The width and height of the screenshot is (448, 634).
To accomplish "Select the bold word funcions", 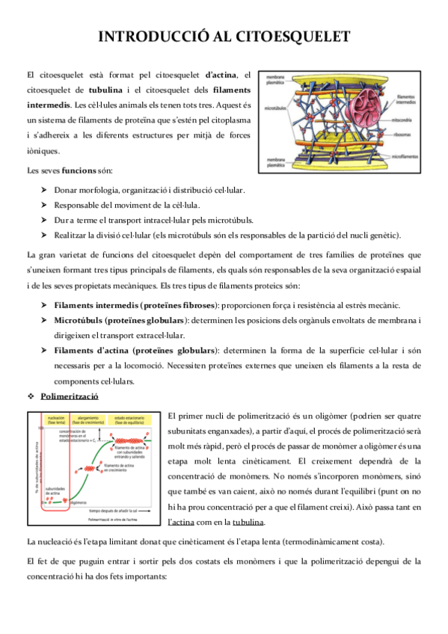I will point(79,171).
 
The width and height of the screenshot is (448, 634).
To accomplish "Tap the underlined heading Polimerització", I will point(70,396).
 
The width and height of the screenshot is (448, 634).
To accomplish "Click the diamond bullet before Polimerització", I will point(31,396).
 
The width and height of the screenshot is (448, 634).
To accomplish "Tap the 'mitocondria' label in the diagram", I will point(405,120).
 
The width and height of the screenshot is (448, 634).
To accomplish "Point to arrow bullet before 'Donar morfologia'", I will point(44,190).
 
